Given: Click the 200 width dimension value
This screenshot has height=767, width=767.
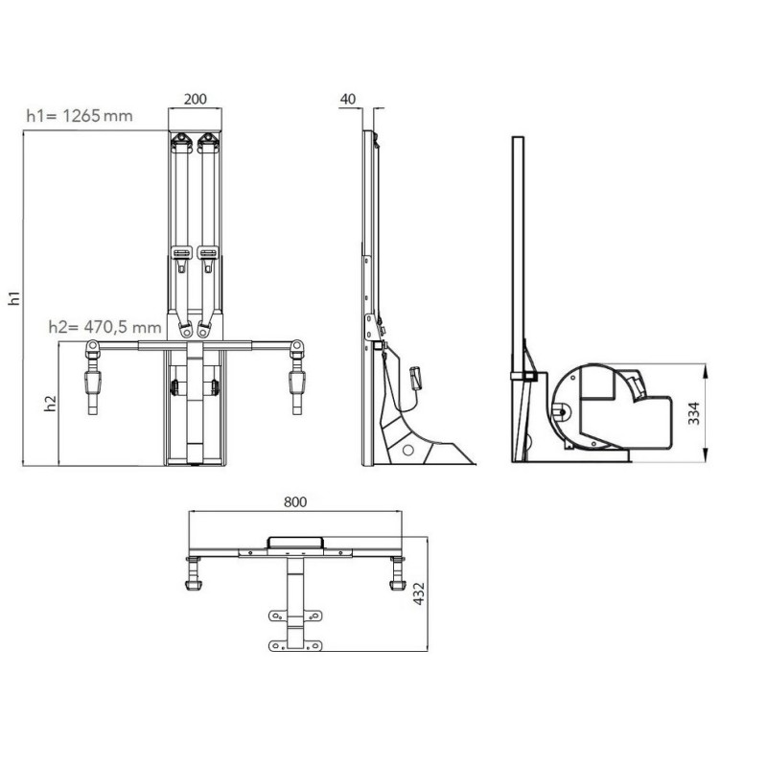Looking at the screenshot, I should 196,100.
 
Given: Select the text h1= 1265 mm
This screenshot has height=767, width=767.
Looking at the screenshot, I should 80,116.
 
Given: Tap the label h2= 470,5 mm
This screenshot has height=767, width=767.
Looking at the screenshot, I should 105,327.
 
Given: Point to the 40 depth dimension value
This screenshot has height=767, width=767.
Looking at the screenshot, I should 348,100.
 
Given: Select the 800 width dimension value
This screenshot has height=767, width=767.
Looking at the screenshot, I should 295,501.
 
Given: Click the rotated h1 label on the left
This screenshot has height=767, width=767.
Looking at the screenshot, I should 15,298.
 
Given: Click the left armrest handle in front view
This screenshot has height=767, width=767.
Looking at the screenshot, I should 93,385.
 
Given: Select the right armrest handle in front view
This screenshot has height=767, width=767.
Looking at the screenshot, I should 297,385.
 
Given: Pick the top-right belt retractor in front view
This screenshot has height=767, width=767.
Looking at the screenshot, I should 208,144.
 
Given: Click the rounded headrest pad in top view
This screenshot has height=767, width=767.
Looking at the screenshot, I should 295,543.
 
